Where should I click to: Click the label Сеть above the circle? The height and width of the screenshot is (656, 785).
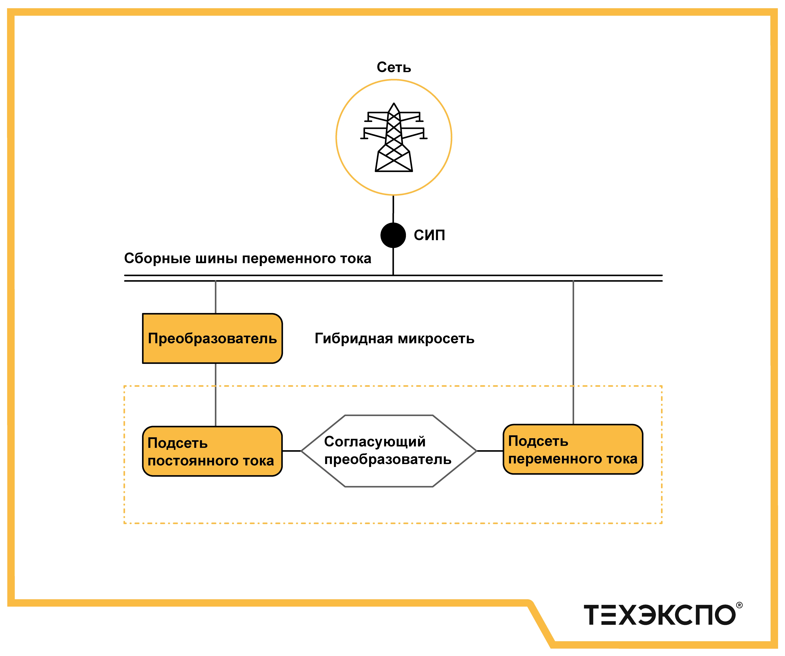(x=394, y=67)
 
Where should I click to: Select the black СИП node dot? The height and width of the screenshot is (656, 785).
(x=393, y=235)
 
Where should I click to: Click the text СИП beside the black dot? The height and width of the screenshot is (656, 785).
(x=429, y=235)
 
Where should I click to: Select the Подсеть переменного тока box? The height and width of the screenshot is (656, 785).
(x=573, y=449)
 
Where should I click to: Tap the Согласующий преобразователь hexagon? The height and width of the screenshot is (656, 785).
(x=389, y=451)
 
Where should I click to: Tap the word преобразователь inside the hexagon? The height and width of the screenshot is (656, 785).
(x=388, y=459)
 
